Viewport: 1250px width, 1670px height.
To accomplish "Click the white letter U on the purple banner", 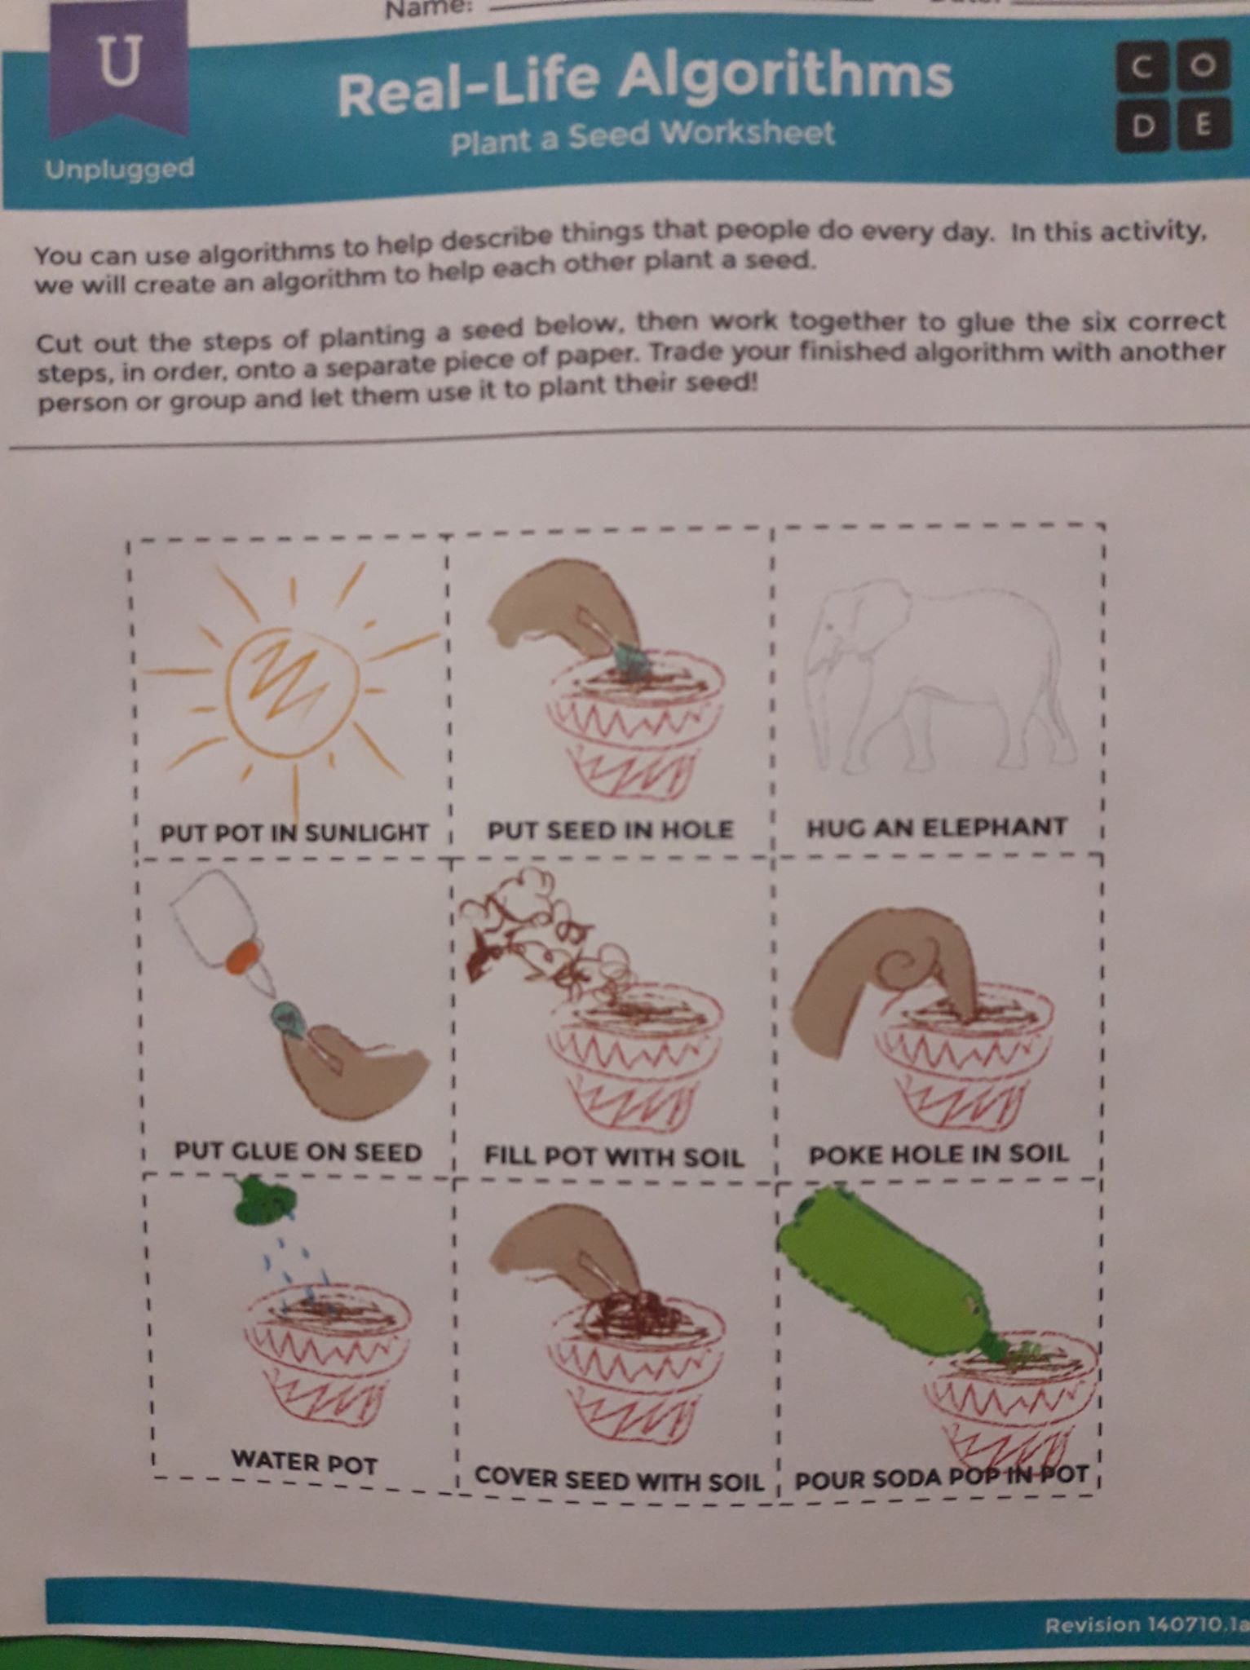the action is (120, 63).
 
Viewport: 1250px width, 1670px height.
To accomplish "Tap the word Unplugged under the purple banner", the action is (120, 169).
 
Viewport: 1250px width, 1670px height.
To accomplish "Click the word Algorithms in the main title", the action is (784, 77).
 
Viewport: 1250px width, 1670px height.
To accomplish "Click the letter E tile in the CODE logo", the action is (1201, 125).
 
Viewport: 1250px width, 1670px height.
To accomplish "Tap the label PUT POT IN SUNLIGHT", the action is (294, 833).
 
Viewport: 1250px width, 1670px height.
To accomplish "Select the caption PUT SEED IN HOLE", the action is (611, 830).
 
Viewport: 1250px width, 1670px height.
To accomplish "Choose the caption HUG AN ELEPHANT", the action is (937, 828).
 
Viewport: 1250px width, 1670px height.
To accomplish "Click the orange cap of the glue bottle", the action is (242, 955).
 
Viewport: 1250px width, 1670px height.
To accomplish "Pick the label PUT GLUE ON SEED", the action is (298, 1151).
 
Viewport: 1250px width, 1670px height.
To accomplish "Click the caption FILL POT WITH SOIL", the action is (613, 1156).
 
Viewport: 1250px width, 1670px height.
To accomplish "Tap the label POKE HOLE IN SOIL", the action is (938, 1153).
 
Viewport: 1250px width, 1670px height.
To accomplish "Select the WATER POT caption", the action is (304, 1460).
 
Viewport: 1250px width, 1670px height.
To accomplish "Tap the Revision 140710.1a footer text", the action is (1146, 1624).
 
